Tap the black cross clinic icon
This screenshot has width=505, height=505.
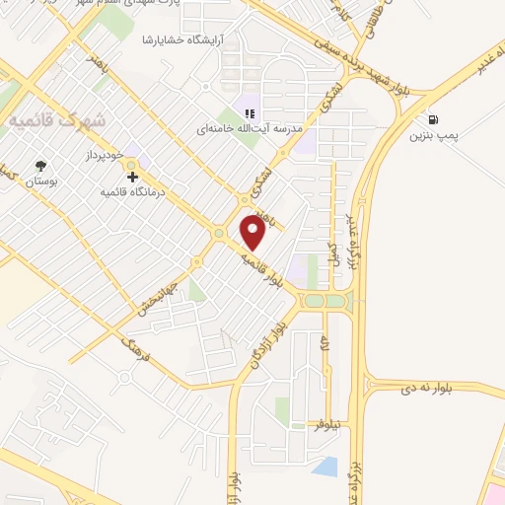click(x=133, y=177)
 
